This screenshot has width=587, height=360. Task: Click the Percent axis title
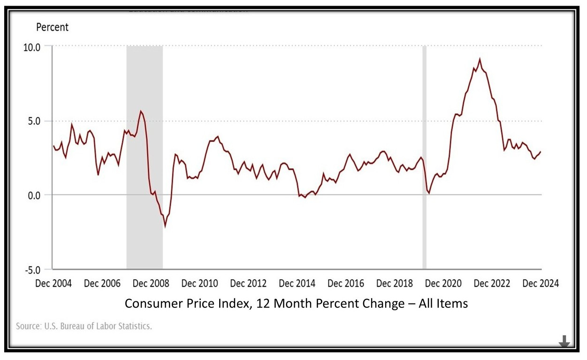point(52,27)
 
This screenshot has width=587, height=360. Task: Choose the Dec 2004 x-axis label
point(54,283)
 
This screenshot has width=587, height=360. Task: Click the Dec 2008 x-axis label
point(151,283)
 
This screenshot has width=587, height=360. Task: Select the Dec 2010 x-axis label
point(200,283)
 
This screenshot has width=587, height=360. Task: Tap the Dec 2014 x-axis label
point(297,283)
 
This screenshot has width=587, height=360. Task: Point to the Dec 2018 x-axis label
point(395,283)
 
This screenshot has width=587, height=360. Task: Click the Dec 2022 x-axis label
point(492,283)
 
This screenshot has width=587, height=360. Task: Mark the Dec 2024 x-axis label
point(541,283)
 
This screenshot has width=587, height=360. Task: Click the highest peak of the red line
point(479,60)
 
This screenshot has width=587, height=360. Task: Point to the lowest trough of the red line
point(165,226)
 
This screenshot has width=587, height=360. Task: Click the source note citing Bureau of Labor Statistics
point(84,326)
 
